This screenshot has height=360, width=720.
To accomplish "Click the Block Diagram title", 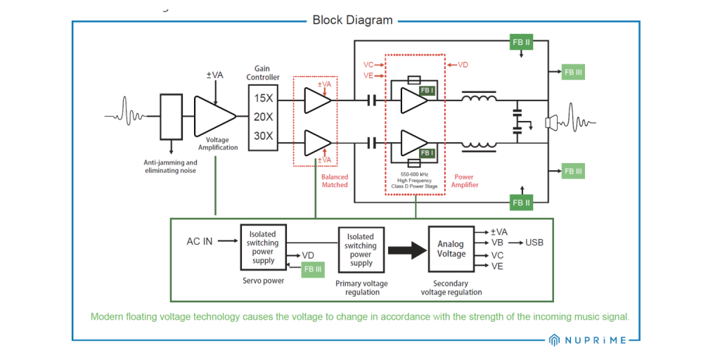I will pyautogui.click(x=352, y=20).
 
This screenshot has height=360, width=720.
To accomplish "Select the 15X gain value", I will pyautogui.click(x=263, y=98).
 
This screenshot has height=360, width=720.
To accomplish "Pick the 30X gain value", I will pyautogui.click(x=263, y=136).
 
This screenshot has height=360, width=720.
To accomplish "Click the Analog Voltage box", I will pyautogui.click(x=451, y=249).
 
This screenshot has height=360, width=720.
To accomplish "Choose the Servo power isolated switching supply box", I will pyautogui.click(x=264, y=247).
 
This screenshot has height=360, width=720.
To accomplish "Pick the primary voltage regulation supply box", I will pyautogui.click(x=361, y=249).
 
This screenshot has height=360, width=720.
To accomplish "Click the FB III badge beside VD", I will pyautogui.click(x=312, y=269).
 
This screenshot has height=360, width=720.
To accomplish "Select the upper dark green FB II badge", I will pyautogui.click(x=521, y=43).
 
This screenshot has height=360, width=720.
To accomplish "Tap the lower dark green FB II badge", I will pyautogui.click(x=521, y=202).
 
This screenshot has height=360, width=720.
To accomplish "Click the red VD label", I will pyautogui.click(x=463, y=65).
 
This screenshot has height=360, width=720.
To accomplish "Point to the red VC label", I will pyautogui.click(x=368, y=64).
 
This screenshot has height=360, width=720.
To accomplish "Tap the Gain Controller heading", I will pyautogui.click(x=262, y=72).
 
